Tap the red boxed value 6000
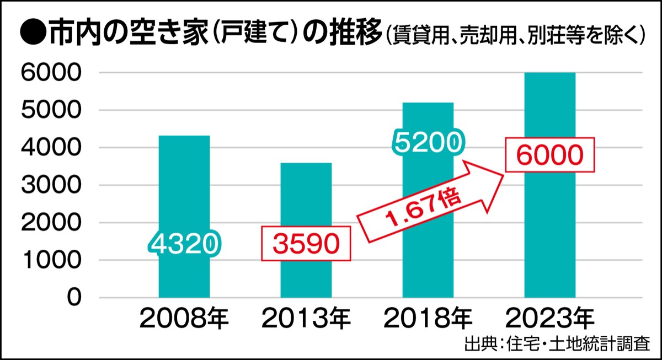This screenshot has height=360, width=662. (x=550, y=157)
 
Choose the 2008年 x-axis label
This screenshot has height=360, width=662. (x=184, y=319)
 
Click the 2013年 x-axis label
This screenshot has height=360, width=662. (x=306, y=319)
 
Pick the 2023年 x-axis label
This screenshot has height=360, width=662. (x=550, y=319)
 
